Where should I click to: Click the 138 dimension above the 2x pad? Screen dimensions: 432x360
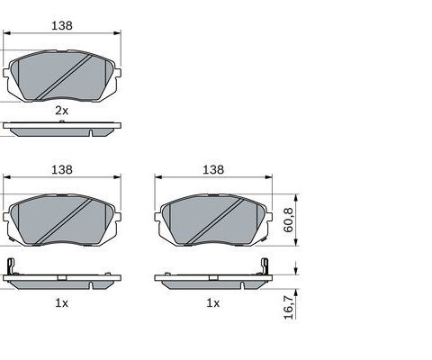(62, 26)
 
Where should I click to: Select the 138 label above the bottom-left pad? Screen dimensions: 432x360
(62, 170)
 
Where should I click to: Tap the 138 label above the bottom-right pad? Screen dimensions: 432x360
(213, 170)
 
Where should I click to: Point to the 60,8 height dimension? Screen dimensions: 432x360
(289, 220)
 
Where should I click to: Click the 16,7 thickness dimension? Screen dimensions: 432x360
(289, 307)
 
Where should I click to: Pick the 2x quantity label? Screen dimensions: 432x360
(61, 111)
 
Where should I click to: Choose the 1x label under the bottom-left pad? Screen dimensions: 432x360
(61, 303)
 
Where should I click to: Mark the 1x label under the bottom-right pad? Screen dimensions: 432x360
(213, 303)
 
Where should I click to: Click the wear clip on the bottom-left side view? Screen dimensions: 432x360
(11, 266)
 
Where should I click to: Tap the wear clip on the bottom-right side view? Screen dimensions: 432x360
(265, 266)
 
